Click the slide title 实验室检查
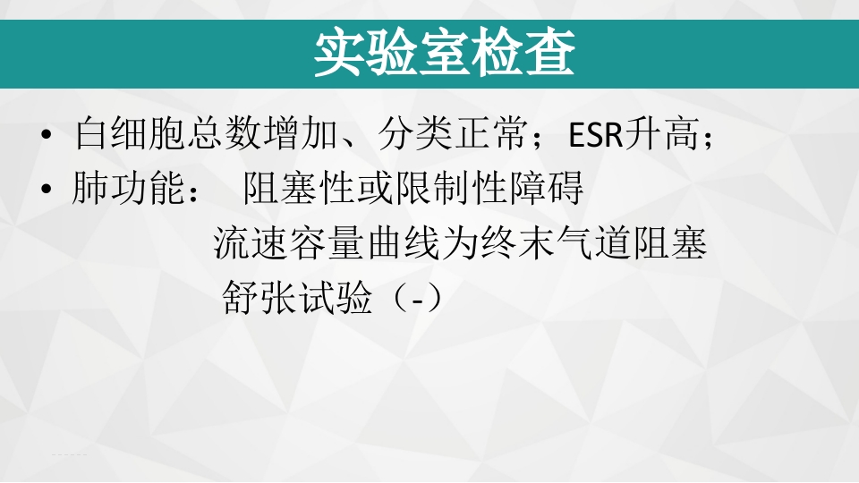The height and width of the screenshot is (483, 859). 444,55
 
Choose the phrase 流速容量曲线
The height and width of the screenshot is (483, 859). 310,243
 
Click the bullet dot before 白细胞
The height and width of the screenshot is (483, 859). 47,138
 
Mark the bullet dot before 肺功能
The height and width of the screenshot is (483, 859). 47,191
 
